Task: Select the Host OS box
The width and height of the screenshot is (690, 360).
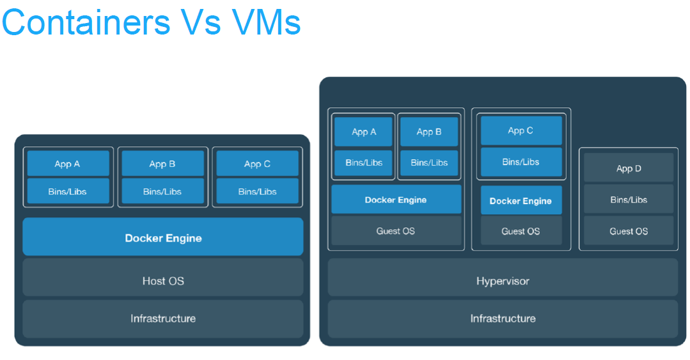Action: [163, 281]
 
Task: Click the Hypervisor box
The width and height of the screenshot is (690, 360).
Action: [503, 281]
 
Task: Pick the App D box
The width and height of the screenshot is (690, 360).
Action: [629, 169]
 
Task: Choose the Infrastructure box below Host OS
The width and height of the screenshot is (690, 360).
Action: [163, 318]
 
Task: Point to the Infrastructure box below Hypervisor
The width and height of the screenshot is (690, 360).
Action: [503, 318]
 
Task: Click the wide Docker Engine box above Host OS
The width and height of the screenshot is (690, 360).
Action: [163, 238]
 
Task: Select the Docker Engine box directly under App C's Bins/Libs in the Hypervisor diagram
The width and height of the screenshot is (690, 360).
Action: [521, 201]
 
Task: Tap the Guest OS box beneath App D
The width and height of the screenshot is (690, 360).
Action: [629, 231]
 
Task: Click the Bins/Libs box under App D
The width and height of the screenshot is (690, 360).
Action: [629, 200]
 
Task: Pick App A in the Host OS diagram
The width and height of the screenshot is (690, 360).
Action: [68, 164]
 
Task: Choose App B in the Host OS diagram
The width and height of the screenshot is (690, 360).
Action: [162, 164]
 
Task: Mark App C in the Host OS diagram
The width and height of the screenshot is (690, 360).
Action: [257, 164]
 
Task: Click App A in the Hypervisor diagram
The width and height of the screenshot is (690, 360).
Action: [364, 132]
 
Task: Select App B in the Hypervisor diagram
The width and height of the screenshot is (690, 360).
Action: [429, 132]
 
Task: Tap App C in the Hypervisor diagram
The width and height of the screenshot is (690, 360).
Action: [521, 130]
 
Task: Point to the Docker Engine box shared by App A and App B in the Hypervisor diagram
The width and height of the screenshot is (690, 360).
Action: [396, 200]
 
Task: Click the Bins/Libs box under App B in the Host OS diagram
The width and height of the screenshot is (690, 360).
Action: [162, 191]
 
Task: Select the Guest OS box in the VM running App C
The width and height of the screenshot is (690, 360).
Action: [521, 231]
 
